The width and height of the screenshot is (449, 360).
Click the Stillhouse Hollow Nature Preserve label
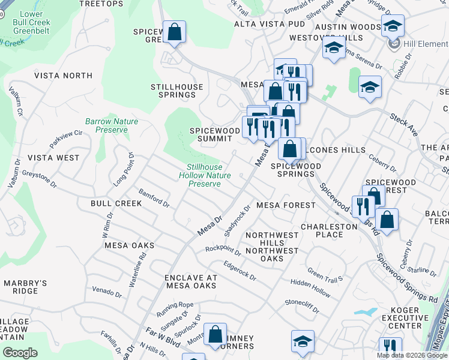point(205,175)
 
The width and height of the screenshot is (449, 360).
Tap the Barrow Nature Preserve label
point(112,125)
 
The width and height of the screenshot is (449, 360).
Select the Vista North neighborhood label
point(63,76)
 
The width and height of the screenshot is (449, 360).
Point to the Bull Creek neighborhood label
point(116,203)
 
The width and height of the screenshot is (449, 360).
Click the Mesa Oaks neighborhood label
point(129,245)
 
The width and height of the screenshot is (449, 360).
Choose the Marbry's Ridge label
point(25,287)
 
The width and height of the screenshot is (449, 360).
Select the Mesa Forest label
point(286,205)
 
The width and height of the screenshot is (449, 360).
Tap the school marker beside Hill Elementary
point(393,26)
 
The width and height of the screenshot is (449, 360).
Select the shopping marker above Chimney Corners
point(215,335)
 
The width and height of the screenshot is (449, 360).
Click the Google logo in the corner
point(20,353)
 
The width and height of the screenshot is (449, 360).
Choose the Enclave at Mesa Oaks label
point(190,281)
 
